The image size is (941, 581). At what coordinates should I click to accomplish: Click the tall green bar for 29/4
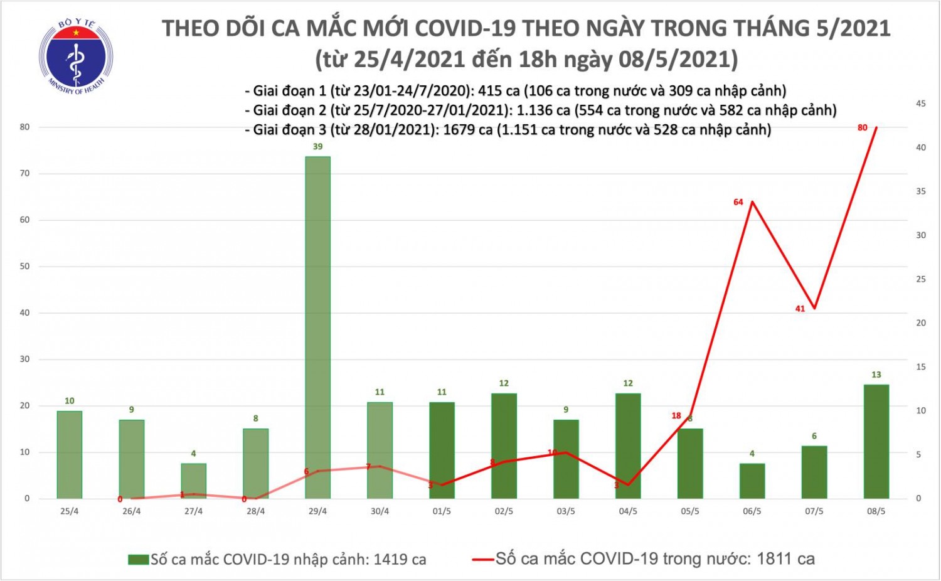pos(317,327)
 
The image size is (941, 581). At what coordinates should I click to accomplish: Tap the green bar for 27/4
pos(193,481)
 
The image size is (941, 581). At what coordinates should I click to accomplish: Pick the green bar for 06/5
pos(752,481)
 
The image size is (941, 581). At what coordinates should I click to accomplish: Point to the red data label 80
pos(862,128)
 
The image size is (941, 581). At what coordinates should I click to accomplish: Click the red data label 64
pos(738,202)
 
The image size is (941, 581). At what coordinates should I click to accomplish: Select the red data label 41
pos(800,309)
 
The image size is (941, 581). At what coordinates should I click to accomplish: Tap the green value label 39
pos(317,147)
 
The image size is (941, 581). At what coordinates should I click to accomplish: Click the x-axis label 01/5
pos(442,511)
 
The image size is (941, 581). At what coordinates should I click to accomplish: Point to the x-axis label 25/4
pos(70,511)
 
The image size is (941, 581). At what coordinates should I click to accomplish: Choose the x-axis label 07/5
pos(814,511)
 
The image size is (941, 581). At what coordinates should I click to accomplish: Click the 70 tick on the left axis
pos(25,173)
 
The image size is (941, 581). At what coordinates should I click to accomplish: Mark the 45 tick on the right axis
pos(921,104)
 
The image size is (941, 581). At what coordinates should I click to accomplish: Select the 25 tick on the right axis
pos(921,279)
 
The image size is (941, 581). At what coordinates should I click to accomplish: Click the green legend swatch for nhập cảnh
pos(138,559)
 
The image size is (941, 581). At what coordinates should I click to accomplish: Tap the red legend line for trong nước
pos(483,559)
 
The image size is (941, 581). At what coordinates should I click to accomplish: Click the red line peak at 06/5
pos(752,201)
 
